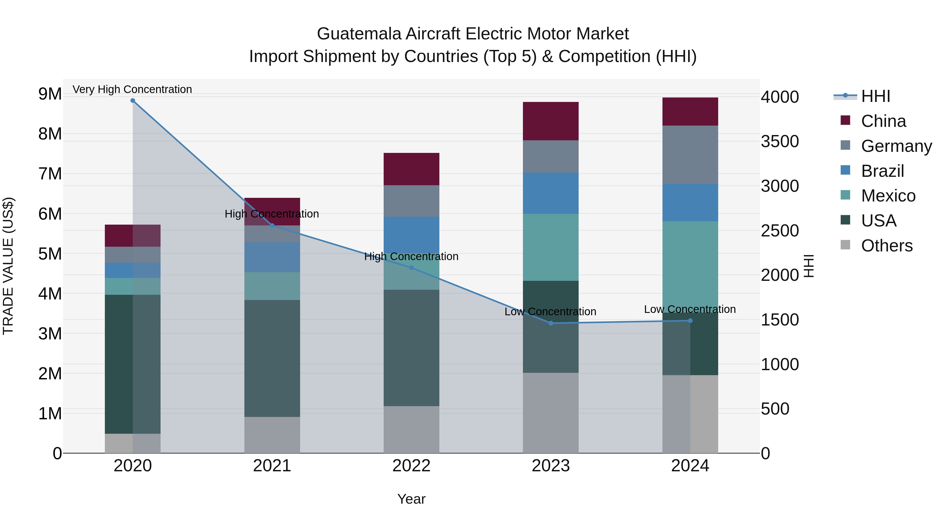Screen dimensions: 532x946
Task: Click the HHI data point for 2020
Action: point(133,101)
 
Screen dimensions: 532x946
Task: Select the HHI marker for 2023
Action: point(551,323)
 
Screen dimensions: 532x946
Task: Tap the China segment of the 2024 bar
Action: point(690,112)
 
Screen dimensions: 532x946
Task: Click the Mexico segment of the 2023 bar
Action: point(551,247)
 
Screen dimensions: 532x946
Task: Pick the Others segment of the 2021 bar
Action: point(272,435)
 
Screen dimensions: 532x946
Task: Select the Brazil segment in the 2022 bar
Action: point(411,235)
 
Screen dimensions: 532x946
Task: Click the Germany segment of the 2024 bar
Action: point(690,154)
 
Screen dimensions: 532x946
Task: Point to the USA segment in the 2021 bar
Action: point(272,358)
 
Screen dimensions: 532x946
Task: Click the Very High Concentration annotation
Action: point(132,89)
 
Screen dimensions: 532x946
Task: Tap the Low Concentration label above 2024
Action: point(690,309)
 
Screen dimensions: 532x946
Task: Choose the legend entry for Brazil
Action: point(882,171)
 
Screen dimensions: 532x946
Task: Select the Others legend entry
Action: point(887,246)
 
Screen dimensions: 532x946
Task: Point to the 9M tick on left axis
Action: point(50,94)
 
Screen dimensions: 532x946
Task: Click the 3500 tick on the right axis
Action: point(779,141)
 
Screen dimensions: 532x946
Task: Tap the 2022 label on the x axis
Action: point(411,466)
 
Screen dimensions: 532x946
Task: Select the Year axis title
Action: point(411,499)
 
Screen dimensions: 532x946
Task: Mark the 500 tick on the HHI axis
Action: point(775,409)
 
